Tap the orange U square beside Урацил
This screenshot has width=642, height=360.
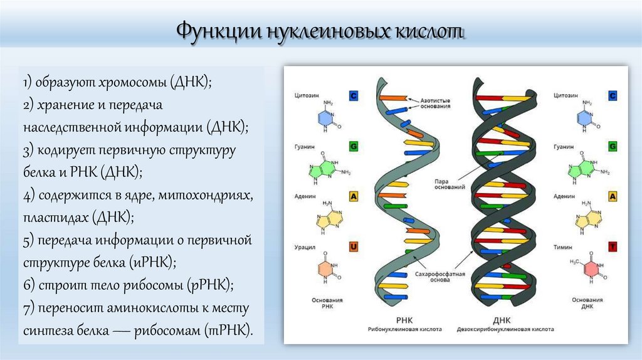(x=353, y=247)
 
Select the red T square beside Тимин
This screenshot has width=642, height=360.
(x=613, y=247)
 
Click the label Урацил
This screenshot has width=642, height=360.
(x=305, y=247)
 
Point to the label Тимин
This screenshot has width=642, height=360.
(x=562, y=247)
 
